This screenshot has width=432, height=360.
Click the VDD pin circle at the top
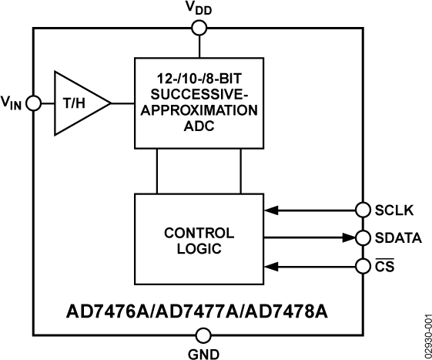pos(199,29)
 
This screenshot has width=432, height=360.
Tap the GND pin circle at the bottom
pos(203,335)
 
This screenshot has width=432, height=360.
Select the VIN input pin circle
pos(33,103)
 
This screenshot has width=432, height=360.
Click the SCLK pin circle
pos(363,209)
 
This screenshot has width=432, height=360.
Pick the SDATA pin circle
pos(363,237)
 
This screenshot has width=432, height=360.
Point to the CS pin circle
pos(363,266)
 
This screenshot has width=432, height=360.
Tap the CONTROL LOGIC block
pos(199,241)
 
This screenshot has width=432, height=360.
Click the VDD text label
pos(199,9)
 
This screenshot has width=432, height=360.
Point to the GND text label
pos(203,354)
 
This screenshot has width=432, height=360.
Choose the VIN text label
pos(12,103)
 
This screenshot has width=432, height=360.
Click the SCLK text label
pos(393,210)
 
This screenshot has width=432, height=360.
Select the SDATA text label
pos(398,238)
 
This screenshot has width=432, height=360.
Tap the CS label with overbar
pos(384,266)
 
